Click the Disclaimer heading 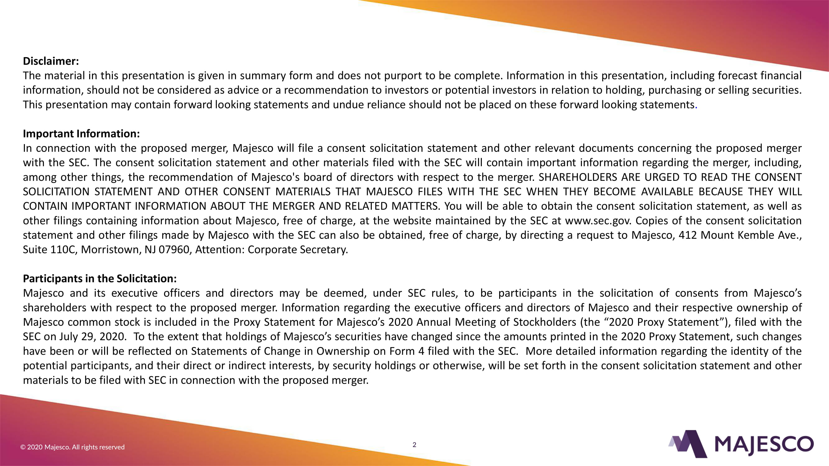(x=51, y=61)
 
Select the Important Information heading (x=81, y=134)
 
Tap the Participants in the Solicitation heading (x=99, y=278)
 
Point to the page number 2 (x=415, y=445)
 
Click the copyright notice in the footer (x=72, y=447)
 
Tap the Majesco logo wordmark (x=764, y=445)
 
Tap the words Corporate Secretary (x=297, y=249)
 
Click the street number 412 (x=688, y=235)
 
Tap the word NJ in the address (x=150, y=249)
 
